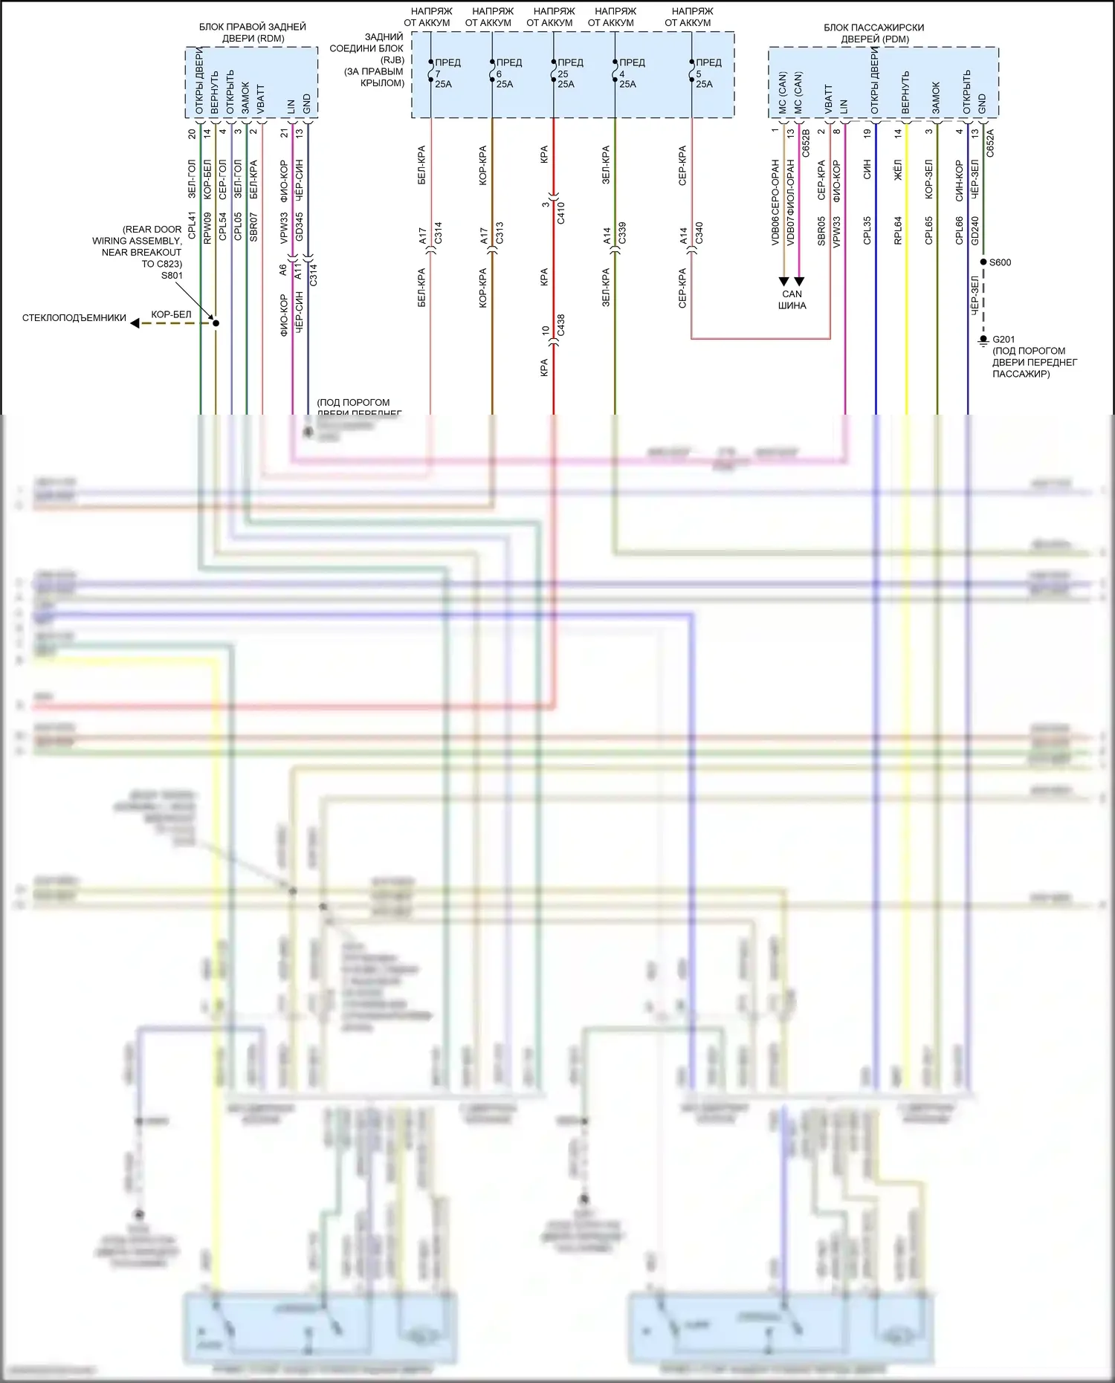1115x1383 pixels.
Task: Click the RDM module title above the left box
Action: pyautogui.click(x=252, y=33)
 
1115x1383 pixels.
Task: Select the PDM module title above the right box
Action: pyautogui.click(x=873, y=33)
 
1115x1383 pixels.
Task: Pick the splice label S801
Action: pyautogui.click(x=172, y=276)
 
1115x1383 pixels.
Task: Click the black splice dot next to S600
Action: pyautogui.click(x=983, y=262)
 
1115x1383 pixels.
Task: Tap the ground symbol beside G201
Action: pyautogui.click(x=983, y=341)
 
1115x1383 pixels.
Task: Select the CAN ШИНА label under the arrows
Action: pyautogui.click(x=792, y=299)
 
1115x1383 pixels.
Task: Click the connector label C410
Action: pyautogui.click(x=561, y=213)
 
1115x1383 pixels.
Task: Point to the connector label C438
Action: pyautogui.click(x=561, y=325)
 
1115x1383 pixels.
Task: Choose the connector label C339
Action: pyautogui.click(x=622, y=233)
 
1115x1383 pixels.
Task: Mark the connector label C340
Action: pyautogui.click(x=699, y=233)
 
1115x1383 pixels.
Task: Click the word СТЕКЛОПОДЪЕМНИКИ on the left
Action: pyautogui.click(x=74, y=318)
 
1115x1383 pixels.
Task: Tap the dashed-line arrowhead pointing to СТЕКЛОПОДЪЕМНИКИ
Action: pyautogui.click(x=135, y=323)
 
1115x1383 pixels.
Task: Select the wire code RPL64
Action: pyautogui.click(x=898, y=230)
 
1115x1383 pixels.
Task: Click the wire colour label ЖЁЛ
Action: pyautogui.click(x=898, y=170)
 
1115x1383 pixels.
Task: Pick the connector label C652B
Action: pyautogui.click(x=806, y=143)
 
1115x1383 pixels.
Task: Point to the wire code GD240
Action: pyautogui.click(x=975, y=230)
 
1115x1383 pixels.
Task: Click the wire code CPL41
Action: pyautogui.click(x=192, y=226)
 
